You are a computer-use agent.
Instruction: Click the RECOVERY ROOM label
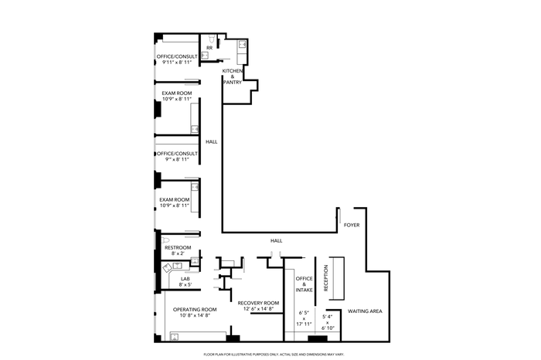[x=258, y=303]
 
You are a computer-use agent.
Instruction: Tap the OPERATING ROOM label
[x=195, y=309]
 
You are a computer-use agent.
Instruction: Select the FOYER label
[x=352, y=225]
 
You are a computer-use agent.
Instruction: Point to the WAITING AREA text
[x=365, y=311]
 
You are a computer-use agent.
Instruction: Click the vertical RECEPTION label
[x=326, y=278]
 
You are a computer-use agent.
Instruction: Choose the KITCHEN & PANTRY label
[x=232, y=76]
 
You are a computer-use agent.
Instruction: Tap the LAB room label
[x=185, y=279]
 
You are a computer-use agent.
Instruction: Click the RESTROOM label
[x=178, y=247]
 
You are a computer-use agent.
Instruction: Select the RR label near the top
[x=209, y=48]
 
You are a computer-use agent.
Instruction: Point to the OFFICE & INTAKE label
[x=304, y=284]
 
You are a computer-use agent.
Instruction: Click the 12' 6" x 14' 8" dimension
[x=258, y=309]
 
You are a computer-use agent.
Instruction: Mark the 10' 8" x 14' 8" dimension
[x=195, y=315]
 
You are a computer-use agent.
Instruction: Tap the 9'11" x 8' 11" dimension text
[x=177, y=63]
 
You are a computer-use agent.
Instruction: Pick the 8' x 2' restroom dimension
[x=178, y=253]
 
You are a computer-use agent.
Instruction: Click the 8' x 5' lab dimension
[x=185, y=284]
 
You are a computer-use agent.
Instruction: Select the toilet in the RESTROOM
[x=165, y=240]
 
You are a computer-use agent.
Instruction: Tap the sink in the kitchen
[x=242, y=45]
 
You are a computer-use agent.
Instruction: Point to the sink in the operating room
[x=175, y=337]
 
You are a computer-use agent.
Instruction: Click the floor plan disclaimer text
[x=274, y=355]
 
